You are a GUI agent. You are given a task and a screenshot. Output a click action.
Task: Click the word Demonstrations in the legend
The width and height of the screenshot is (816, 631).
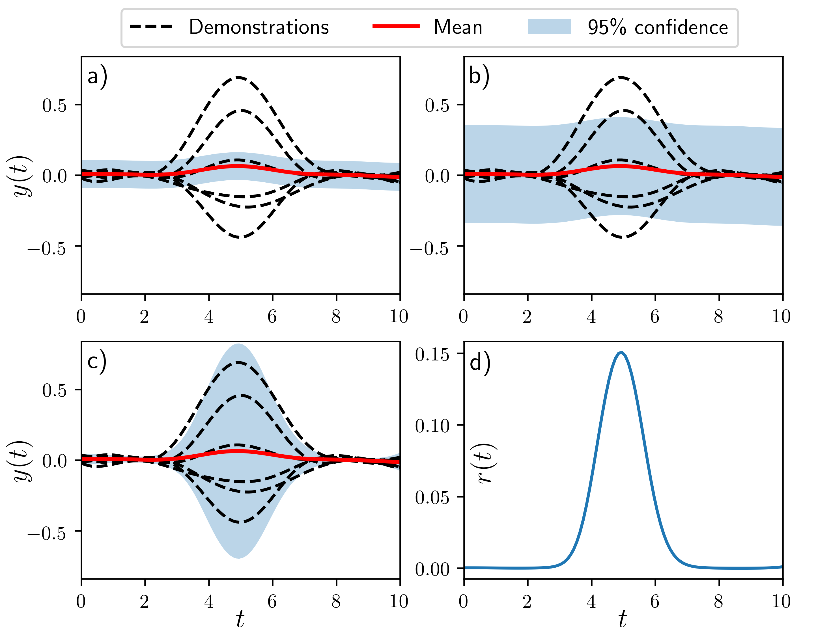(259, 27)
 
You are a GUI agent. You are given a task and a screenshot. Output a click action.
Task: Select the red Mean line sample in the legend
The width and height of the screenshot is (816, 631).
(396, 26)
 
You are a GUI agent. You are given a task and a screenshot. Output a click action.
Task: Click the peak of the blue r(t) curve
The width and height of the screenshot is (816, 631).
(621, 352)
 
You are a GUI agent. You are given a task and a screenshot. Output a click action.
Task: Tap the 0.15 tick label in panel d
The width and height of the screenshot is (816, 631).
(432, 354)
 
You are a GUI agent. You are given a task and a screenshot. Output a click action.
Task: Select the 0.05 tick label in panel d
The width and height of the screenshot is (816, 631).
(432, 497)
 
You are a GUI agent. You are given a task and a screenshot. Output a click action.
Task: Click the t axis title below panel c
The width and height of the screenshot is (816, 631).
(240, 619)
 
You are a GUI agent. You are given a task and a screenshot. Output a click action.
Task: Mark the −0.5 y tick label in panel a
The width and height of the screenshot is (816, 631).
(47, 248)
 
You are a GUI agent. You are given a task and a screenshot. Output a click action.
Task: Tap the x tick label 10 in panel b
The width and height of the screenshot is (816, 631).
(781, 317)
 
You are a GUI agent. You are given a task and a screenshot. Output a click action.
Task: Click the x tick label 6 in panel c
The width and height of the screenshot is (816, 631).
(272, 601)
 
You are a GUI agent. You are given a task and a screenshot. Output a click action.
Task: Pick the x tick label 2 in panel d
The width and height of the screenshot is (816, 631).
(527, 601)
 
